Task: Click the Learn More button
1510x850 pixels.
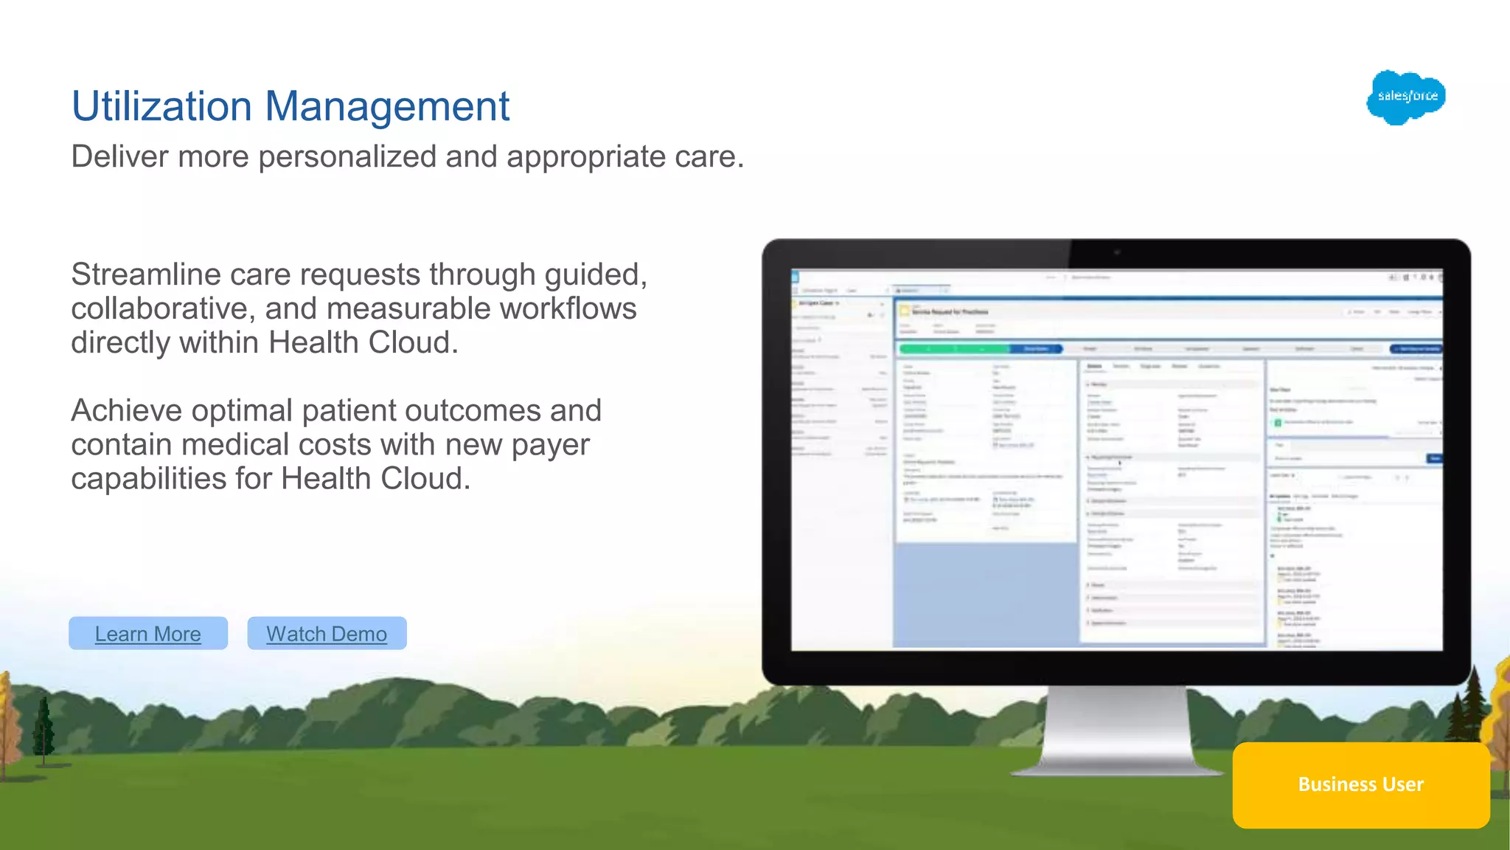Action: tap(147, 633)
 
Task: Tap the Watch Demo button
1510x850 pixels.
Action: tap(327, 633)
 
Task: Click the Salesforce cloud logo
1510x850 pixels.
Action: tap(1406, 97)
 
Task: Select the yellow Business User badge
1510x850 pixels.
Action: tap(1360, 784)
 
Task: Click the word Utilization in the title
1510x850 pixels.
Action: tap(161, 106)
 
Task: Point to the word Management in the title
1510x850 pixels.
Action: tap(387, 106)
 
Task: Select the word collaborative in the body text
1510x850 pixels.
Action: tap(162, 308)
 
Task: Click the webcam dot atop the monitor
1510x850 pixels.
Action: tap(1116, 252)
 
